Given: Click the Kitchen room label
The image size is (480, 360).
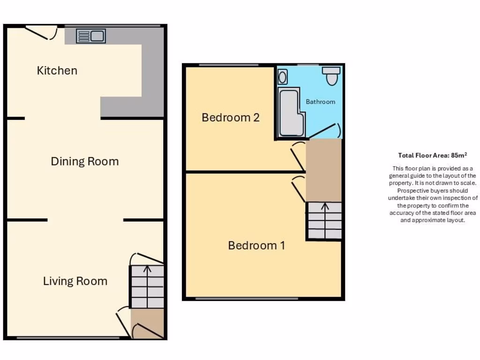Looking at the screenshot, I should pyautogui.click(x=57, y=71).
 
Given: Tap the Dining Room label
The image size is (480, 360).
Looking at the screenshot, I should pyautogui.click(x=85, y=162).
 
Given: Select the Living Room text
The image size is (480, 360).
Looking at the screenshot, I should pyautogui.click(x=75, y=281).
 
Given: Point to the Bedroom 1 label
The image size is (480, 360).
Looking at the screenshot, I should pyautogui.click(x=256, y=245).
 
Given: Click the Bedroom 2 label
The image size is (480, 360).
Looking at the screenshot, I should pyautogui.click(x=231, y=117).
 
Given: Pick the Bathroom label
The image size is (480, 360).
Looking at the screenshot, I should pyautogui.click(x=321, y=102).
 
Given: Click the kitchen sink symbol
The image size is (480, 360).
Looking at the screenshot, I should pyautogui.click(x=91, y=36).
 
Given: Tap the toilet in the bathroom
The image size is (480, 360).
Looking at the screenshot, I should pyautogui.click(x=332, y=76).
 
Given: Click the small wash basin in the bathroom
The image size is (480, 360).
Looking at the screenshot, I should pyautogui.click(x=283, y=76).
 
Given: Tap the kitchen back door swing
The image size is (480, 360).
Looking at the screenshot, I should pyautogui.click(x=42, y=32).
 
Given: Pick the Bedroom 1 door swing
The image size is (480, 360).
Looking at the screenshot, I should pyautogui.click(x=299, y=187).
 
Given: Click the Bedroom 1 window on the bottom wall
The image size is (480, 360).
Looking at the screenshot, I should pyautogui.click(x=247, y=299).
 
